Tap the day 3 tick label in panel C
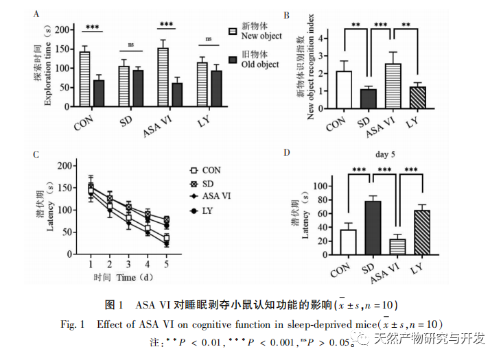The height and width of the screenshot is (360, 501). point(129,264)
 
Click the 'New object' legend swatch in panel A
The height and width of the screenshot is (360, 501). point(233,31)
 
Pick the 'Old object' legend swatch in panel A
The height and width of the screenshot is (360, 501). point(233,60)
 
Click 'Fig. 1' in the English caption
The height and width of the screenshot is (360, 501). point(72,323)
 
